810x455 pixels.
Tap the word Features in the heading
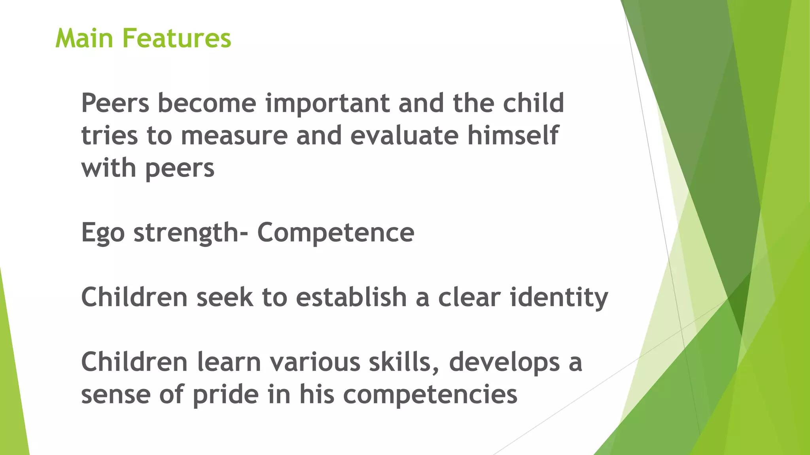(176, 38)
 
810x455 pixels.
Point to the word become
(207, 103)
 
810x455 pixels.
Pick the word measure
(234, 135)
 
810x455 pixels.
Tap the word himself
(513, 135)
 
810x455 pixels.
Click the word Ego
(103, 233)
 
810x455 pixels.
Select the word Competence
(336, 232)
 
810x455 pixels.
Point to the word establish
(351, 297)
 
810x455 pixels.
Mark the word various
(315, 362)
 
